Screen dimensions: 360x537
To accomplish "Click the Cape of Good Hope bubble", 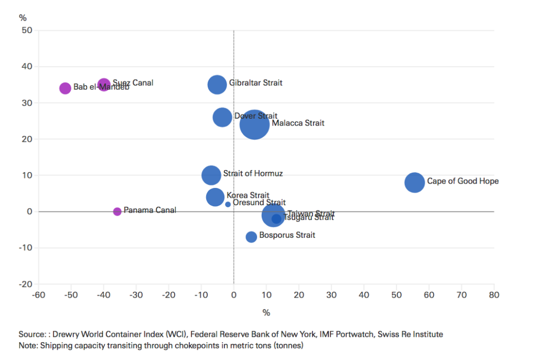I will point(414,183).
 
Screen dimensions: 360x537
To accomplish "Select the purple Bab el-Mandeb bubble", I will point(65,88).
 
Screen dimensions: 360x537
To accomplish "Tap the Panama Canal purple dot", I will point(117,211).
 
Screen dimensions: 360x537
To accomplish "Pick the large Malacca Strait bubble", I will point(254,124).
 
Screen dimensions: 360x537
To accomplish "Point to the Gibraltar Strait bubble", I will point(217,84).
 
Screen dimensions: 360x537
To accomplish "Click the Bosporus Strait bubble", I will point(251,237).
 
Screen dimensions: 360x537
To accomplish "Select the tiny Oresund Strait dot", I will point(228,204).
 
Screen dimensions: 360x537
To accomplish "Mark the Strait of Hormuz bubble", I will point(211,175).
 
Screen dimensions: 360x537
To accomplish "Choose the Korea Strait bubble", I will point(215,197).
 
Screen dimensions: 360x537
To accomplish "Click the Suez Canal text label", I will point(133,83).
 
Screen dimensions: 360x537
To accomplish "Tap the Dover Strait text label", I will point(256,116).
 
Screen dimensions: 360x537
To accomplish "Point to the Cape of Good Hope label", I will point(463,181).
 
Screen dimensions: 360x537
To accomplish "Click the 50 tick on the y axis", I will point(27,30).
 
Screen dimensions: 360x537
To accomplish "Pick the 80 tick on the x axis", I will point(493,295).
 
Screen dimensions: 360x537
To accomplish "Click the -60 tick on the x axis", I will point(38,295).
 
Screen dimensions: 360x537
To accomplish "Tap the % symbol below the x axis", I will point(266,313).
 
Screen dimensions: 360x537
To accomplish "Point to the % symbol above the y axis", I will point(23,17).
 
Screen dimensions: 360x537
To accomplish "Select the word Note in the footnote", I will point(28,346).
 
